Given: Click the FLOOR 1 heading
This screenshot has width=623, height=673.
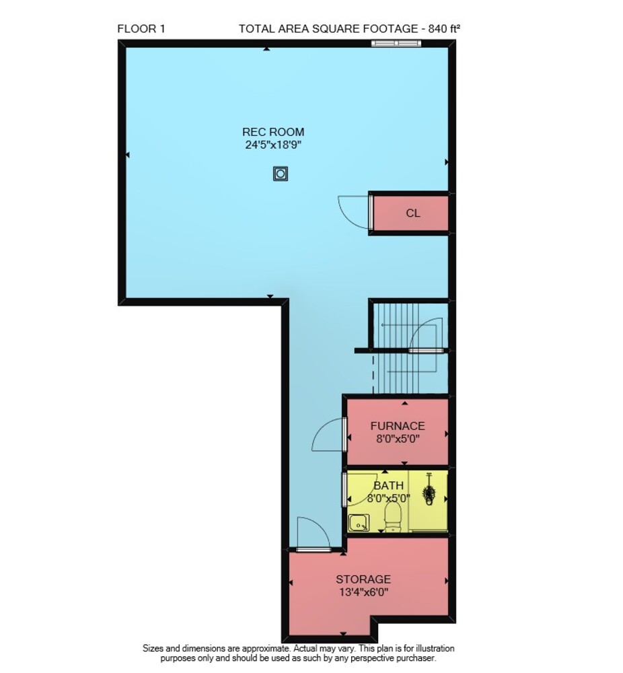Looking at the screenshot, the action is (141, 29).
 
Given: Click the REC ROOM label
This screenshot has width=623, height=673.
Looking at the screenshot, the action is (273, 132).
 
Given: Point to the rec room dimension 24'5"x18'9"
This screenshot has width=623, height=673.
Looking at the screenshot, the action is (273, 145).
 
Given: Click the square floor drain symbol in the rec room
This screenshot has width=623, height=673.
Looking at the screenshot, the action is (280, 174).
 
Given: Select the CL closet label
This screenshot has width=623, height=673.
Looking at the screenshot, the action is (413, 213).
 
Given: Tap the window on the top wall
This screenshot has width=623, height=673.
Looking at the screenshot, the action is (396, 42).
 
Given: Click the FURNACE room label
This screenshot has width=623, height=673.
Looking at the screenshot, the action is (398, 426).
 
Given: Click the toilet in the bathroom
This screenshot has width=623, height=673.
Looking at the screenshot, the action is (392, 517).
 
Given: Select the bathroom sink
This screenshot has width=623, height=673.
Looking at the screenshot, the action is (359, 523).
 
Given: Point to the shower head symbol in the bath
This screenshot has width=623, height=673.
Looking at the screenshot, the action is (428, 490).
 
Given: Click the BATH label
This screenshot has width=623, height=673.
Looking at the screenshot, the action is (388, 485).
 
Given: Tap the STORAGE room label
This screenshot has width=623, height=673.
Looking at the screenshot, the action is (363, 579).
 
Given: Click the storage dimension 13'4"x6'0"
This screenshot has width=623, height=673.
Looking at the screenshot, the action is (363, 592).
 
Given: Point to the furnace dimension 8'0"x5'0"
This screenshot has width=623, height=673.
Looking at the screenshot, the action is (398, 439).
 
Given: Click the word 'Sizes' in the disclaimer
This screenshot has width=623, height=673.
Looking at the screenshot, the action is (153, 649).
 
